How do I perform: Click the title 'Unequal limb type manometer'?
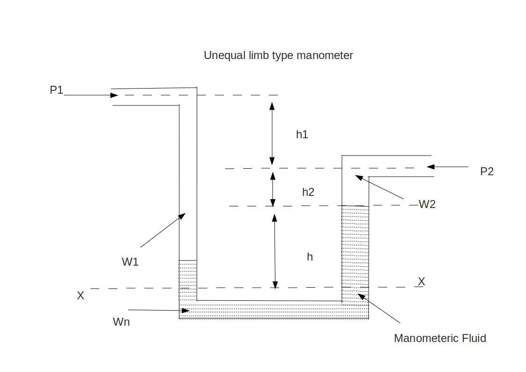pyautogui.click(x=278, y=55)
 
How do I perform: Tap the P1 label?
pyautogui.click(x=57, y=90)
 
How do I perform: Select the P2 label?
pyautogui.click(x=487, y=171)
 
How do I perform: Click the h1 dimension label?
pyautogui.click(x=302, y=134)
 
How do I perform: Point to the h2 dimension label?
pyautogui.click(x=308, y=192)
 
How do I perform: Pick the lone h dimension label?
pyautogui.click(x=310, y=257)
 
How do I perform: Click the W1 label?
pyautogui.click(x=130, y=262)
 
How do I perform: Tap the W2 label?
pyautogui.click(x=427, y=204)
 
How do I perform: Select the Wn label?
pyautogui.click(x=121, y=322)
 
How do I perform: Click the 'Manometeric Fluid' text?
pyautogui.click(x=440, y=338)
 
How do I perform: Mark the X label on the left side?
pyautogui.click(x=81, y=296)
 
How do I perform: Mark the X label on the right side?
pyautogui.click(x=422, y=282)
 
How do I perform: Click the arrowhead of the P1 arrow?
pyautogui.click(x=115, y=95)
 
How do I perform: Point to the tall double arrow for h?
pyautogui.click(x=275, y=251)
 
